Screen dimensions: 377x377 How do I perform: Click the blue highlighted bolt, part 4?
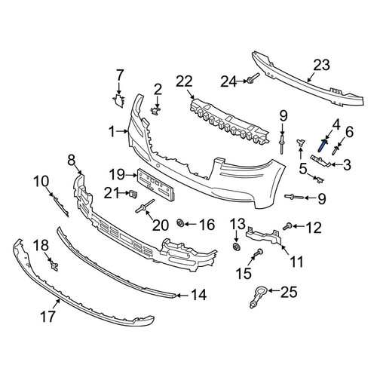322,146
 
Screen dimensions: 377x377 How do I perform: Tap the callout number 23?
321,65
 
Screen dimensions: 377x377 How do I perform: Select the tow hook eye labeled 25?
257,296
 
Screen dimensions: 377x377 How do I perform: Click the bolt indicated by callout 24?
253,78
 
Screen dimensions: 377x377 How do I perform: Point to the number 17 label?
48,316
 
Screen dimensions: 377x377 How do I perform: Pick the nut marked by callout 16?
180,222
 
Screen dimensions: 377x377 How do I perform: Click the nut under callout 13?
237,247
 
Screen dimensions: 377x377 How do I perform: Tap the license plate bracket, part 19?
155,185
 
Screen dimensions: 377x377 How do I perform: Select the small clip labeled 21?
133,194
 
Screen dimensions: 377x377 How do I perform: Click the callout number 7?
120,75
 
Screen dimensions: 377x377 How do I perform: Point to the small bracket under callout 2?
156,110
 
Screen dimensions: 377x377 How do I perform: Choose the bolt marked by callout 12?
287,226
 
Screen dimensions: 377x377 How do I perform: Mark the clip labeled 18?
54,265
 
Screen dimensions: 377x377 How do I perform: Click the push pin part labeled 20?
145,206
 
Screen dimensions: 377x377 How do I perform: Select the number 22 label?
184,81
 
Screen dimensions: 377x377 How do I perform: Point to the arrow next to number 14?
182,296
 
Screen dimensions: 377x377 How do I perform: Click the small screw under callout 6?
336,151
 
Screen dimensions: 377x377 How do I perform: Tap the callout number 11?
297,262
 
